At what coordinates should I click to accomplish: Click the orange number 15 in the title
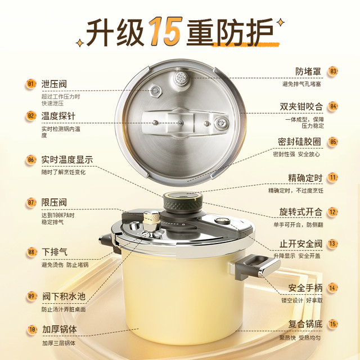click(x=165, y=31)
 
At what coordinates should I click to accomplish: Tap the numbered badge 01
click(x=30, y=84)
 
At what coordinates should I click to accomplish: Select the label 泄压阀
click(x=54, y=84)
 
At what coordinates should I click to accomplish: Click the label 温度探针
click(x=58, y=116)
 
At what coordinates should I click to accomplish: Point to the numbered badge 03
click(x=333, y=71)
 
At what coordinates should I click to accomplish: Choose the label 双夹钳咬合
click(x=301, y=106)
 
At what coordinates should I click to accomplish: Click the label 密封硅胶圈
click(x=299, y=142)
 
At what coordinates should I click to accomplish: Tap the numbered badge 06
click(x=30, y=160)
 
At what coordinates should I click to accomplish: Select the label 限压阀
click(x=54, y=202)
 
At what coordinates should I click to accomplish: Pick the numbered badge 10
click(x=32, y=330)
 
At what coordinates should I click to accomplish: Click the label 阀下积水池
click(x=64, y=296)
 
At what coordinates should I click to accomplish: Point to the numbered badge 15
click(x=333, y=324)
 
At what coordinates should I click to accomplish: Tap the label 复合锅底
click(x=305, y=324)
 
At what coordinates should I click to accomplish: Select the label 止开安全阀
click(x=301, y=244)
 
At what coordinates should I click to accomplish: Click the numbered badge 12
click(x=333, y=212)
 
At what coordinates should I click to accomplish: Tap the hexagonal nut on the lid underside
click(x=155, y=90)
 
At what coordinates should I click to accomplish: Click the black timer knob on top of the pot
click(x=183, y=201)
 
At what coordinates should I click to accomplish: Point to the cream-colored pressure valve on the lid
click(x=151, y=221)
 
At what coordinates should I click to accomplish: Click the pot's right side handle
click(x=258, y=266)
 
